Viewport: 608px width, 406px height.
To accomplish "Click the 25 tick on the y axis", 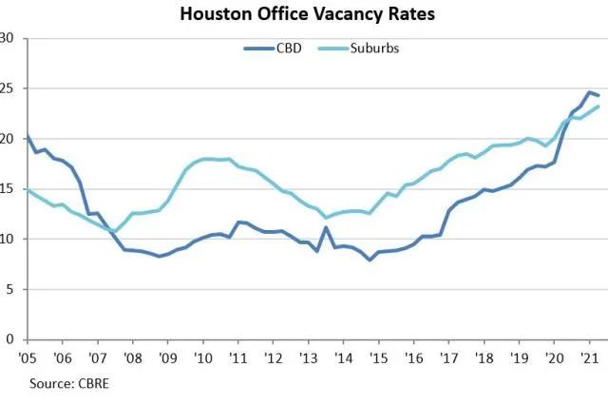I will pyautogui.click(x=9, y=88).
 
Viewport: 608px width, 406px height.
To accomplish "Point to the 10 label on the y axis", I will pyautogui.click(x=9, y=239).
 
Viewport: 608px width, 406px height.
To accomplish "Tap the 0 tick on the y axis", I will pyautogui.click(x=11, y=338).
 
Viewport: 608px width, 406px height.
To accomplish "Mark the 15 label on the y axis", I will pyautogui.click(x=9, y=188).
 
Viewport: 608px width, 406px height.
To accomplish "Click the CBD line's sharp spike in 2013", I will pyautogui.click(x=326, y=227).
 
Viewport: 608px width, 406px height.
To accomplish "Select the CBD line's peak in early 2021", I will pyautogui.click(x=589, y=92).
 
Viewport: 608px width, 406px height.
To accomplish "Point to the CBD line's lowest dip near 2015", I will pyautogui.click(x=370, y=259).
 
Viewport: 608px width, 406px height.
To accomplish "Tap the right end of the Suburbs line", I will pyautogui.click(x=598, y=106).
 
